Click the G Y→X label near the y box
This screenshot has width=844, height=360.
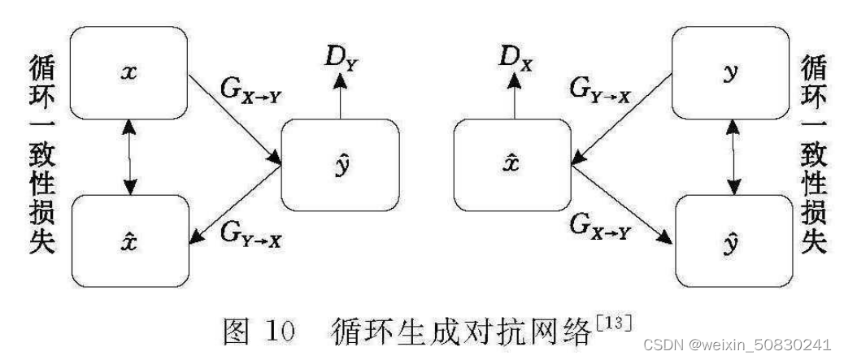599,88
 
